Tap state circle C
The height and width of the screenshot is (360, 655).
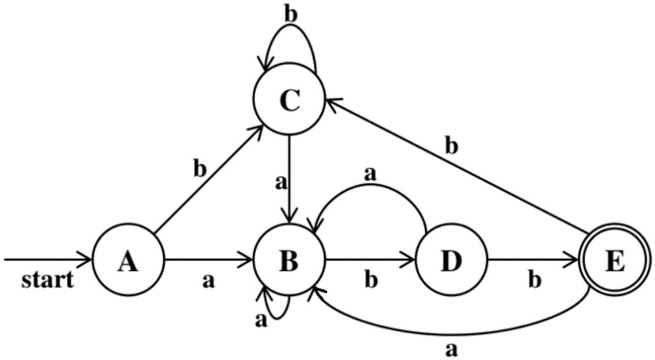point(289,101)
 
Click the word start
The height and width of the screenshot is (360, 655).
point(47,281)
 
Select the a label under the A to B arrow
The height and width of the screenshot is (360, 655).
point(208,281)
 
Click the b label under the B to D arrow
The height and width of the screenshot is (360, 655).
point(370,281)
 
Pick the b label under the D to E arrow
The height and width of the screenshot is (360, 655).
point(533,281)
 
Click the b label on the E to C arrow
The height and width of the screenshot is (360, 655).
point(450,146)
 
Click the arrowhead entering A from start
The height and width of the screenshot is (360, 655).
point(87,261)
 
